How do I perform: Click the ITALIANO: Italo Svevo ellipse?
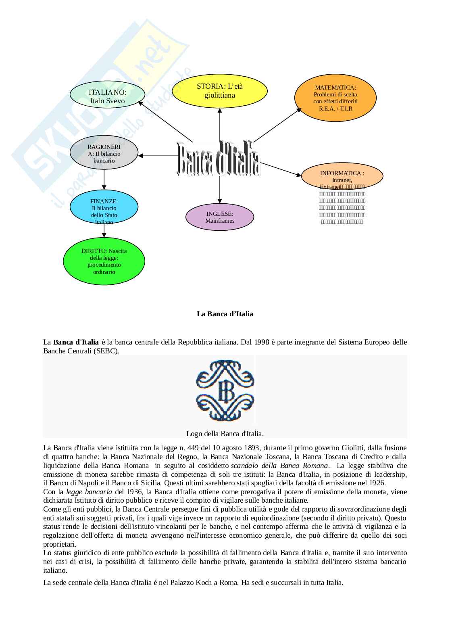(x=107, y=96)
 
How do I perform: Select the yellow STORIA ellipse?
(x=220, y=91)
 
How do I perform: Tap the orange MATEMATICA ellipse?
(x=335, y=98)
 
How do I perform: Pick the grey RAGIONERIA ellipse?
(x=104, y=153)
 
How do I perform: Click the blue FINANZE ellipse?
(x=104, y=207)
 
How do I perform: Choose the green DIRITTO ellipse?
(x=104, y=261)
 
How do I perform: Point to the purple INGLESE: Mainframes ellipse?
(x=220, y=217)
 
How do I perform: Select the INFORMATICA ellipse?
(x=342, y=176)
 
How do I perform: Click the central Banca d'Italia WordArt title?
(x=219, y=159)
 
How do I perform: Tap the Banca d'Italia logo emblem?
(x=225, y=391)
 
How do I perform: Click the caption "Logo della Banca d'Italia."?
(x=225, y=434)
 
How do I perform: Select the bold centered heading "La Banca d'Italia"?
(x=225, y=314)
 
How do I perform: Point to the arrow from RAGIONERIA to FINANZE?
(x=104, y=180)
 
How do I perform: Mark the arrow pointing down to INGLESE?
(x=220, y=190)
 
